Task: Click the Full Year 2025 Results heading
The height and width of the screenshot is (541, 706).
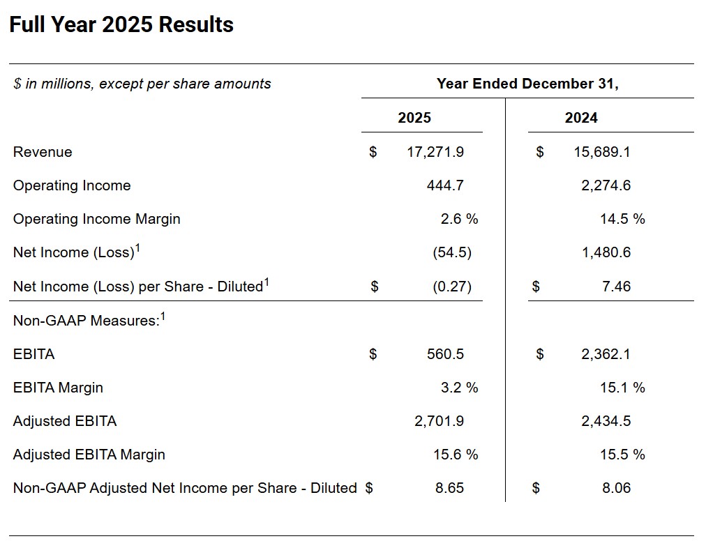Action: point(121,24)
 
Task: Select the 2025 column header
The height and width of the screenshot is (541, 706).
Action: point(414,117)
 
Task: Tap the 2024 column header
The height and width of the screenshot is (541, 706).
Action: point(581,117)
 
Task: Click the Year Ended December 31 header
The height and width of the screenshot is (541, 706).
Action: point(527,84)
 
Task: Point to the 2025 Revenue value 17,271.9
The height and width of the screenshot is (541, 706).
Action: point(435,152)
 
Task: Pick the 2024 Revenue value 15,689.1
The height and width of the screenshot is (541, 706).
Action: point(602,152)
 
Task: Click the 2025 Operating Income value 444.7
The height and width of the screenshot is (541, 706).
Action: point(445,185)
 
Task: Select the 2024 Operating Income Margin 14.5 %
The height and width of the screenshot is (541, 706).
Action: point(622,219)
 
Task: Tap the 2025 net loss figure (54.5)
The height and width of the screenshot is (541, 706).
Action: point(452,252)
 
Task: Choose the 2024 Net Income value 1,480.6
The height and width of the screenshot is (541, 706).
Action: point(606,252)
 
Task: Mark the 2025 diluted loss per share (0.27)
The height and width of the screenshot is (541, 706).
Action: point(452,287)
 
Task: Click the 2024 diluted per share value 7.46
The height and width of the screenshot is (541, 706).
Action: point(617,287)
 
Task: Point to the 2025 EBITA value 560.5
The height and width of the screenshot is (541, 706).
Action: point(445,353)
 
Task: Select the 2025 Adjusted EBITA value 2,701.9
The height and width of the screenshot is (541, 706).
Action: point(439,421)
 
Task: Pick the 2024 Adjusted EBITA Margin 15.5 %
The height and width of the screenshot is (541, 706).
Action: point(622,454)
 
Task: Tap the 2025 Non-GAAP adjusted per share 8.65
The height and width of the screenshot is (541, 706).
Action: point(449,488)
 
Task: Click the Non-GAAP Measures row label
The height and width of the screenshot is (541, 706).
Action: point(89,319)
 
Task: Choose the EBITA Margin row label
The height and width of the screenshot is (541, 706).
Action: point(58,388)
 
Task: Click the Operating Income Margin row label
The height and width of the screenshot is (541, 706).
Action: point(97,219)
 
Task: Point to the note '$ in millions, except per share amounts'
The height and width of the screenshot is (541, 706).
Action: point(142,84)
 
